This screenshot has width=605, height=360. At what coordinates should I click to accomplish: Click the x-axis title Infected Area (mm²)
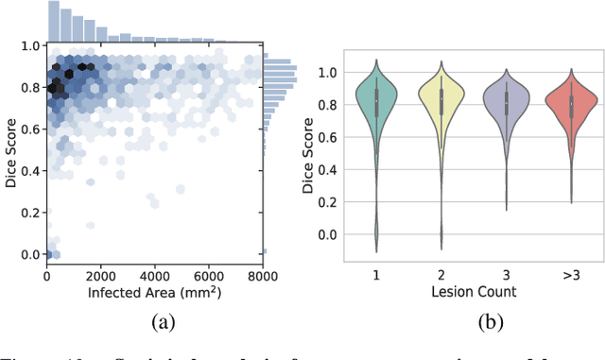coord(154,293)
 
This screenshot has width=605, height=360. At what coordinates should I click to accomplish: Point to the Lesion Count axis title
coord(473,292)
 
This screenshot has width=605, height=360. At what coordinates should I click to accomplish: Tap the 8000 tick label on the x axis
coord(263,276)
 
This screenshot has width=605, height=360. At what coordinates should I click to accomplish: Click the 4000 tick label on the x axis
coord(154,276)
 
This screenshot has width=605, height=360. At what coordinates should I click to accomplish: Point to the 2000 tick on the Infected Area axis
coord(100,276)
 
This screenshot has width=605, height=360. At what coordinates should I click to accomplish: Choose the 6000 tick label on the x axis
coord(208,276)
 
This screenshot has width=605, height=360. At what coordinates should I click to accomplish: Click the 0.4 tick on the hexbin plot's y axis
coord(29,171)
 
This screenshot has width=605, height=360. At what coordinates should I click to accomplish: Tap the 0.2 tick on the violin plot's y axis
coord(328,201)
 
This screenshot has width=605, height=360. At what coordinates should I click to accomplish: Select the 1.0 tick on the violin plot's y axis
coord(328,72)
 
